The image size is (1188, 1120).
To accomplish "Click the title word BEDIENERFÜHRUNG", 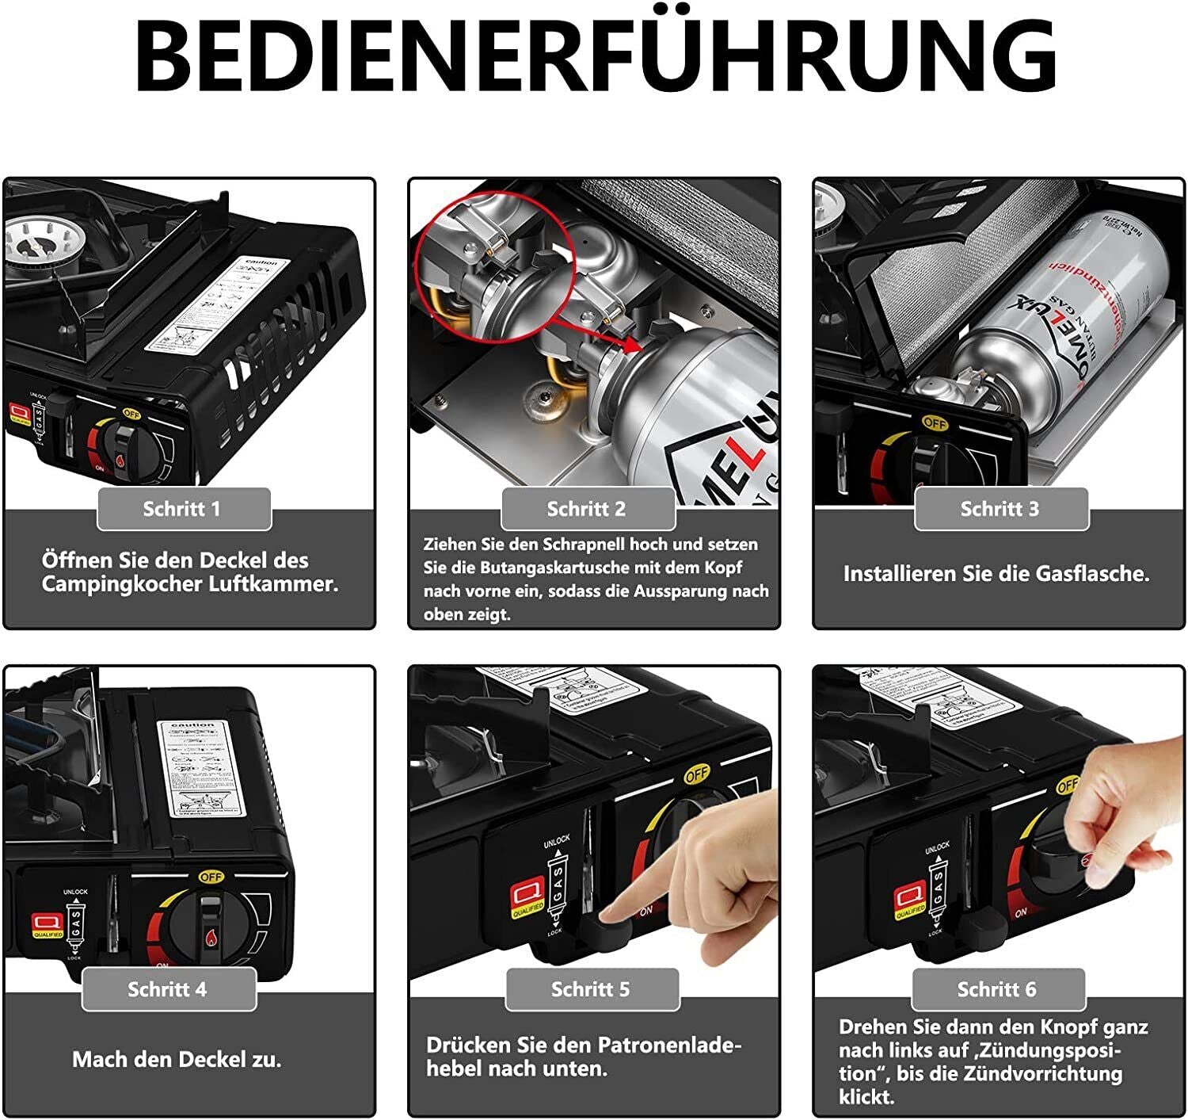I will (594, 55).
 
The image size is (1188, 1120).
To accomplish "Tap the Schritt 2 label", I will (587, 509).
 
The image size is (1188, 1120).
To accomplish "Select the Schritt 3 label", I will (1000, 509).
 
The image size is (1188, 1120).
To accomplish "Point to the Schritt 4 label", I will (167, 989).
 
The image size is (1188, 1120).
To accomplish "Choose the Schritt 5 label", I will (591, 989).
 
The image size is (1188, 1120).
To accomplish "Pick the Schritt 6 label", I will (997, 989).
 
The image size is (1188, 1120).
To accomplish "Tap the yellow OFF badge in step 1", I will (131, 414).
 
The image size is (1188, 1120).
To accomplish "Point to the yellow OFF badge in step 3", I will (935, 423).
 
